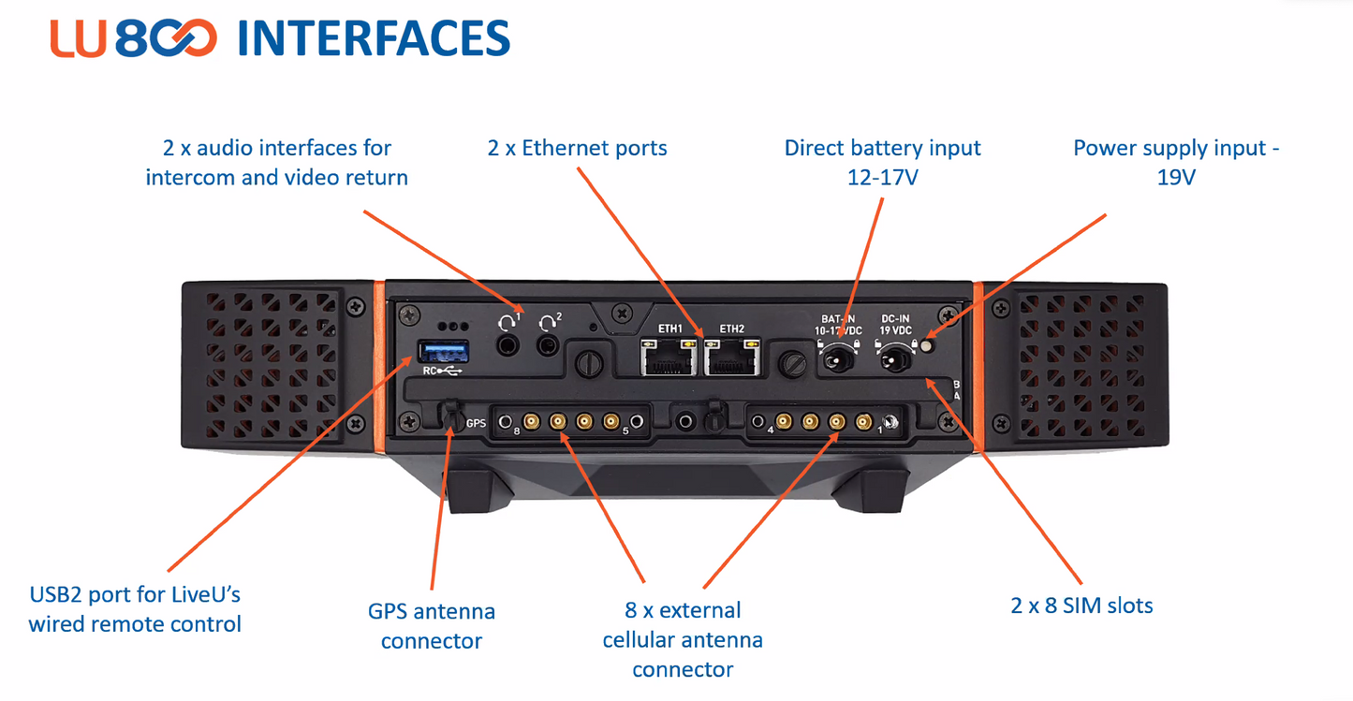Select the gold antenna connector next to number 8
(x=531, y=422)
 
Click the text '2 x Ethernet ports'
(x=577, y=147)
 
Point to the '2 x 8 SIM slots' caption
(x=1081, y=605)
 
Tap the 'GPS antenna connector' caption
(x=432, y=626)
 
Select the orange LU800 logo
(x=134, y=39)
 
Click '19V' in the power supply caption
(x=1176, y=177)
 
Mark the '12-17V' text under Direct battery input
(x=882, y=177)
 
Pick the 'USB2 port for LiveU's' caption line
(x=135, y=594)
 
